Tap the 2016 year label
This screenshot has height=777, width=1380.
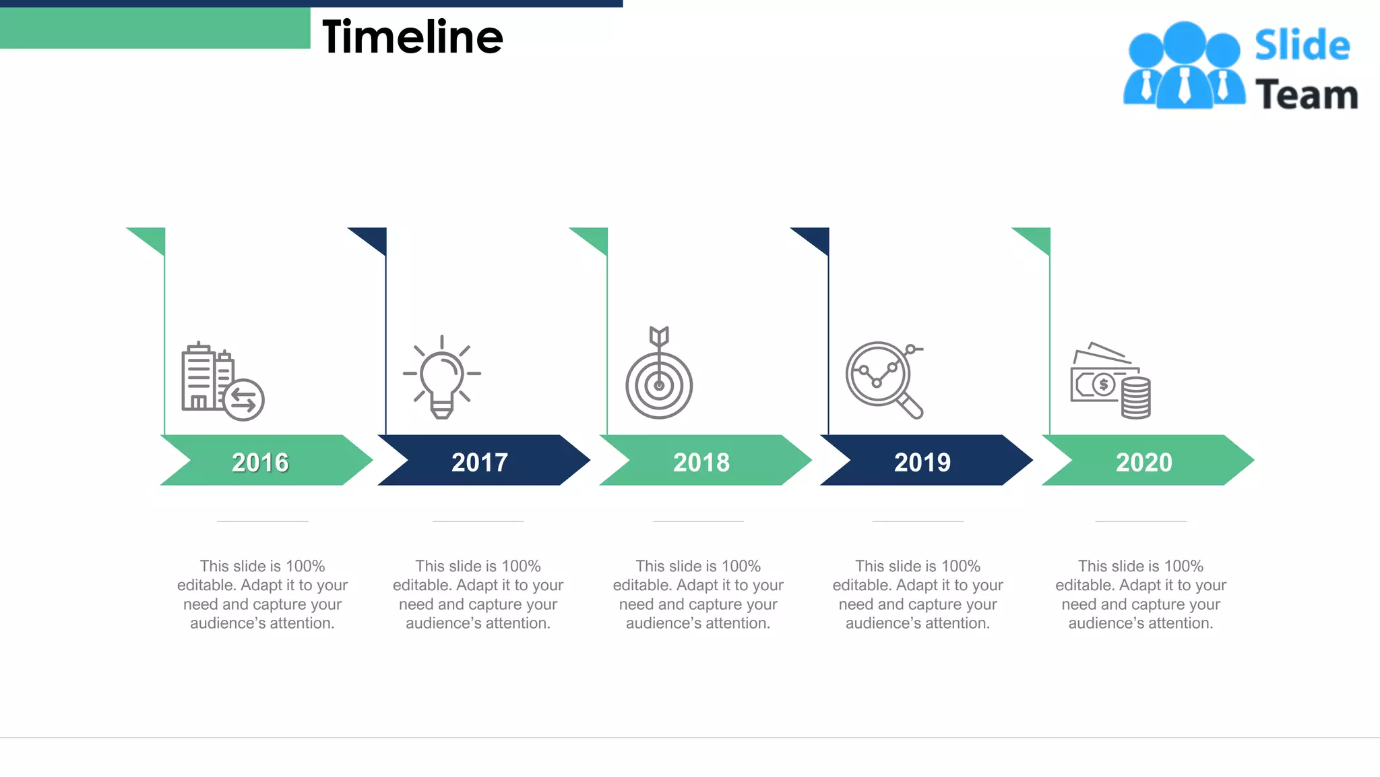tap(260, 462)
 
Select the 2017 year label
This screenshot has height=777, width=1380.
tap(480, 462)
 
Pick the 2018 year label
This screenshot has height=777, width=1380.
tap(701, 462)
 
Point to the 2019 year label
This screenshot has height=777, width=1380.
tap(922, 462)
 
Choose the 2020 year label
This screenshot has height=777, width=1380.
tap(1144, 462)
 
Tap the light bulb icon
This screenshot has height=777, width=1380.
tap(442, 378)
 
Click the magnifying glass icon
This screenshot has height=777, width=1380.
tap(883, 379)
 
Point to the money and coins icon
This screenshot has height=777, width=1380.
tap(1110, 381)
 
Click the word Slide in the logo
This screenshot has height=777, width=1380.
tap(1302, 46)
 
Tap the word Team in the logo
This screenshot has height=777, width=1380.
tap(1306, 94)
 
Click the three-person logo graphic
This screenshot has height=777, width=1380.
tap(1184, 66)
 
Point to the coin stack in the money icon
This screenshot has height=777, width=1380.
tap(1135, 398)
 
